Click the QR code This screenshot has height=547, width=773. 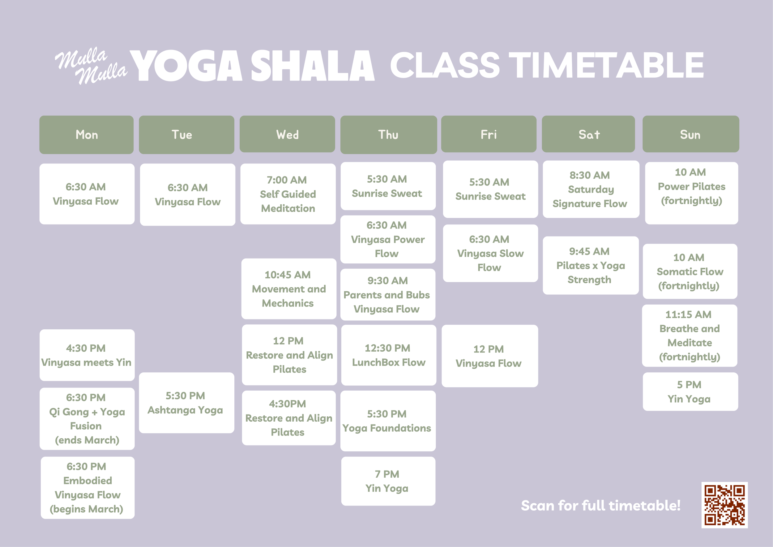coord(724,505)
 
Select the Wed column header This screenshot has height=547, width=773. coord(287,134)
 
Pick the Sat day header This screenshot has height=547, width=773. coord(588,134)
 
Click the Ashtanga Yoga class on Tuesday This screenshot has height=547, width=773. coord(186,402)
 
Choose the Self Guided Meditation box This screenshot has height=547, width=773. coord(288,194)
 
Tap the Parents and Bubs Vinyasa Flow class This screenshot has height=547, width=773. coord(387,295)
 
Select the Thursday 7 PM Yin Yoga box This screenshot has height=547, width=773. coord(388,481)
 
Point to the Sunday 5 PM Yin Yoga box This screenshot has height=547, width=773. coord(690,391)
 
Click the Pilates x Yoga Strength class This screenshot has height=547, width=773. coord(591,265)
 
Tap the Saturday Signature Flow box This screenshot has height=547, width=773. coord(591,189)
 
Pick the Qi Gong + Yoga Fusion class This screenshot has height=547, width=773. coord(87,419)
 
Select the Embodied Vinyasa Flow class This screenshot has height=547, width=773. coord(88,487)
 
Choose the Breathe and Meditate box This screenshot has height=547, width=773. coord(689,335)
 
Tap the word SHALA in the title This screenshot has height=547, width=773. coord(312,66)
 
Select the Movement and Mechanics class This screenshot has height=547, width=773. coord(288,289)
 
